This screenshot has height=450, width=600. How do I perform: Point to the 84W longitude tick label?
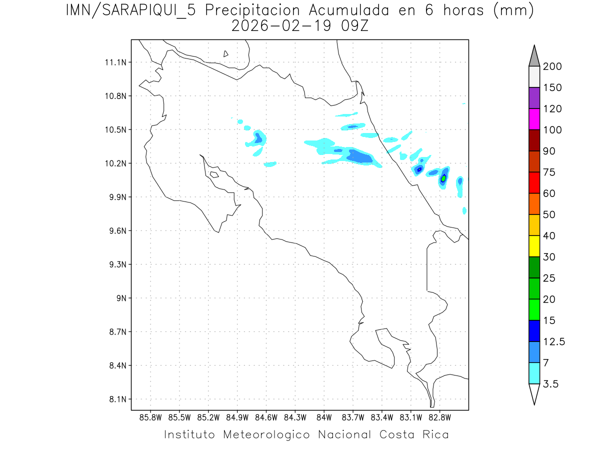[x=324, y=417]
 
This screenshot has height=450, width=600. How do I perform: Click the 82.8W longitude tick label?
[x=439, y=417]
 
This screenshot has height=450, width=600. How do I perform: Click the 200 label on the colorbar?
[x=552, y=66]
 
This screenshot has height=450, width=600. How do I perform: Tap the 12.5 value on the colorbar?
[x=554, y=341]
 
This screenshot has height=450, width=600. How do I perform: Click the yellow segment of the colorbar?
[x=534, y=246]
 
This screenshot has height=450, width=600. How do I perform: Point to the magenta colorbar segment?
[x=534, y=119]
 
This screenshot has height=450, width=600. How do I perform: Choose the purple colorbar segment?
[x=534, y=98]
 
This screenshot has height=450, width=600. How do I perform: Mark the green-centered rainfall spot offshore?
[x=443, y=178]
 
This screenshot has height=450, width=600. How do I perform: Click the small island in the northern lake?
[x=226, y=53]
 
